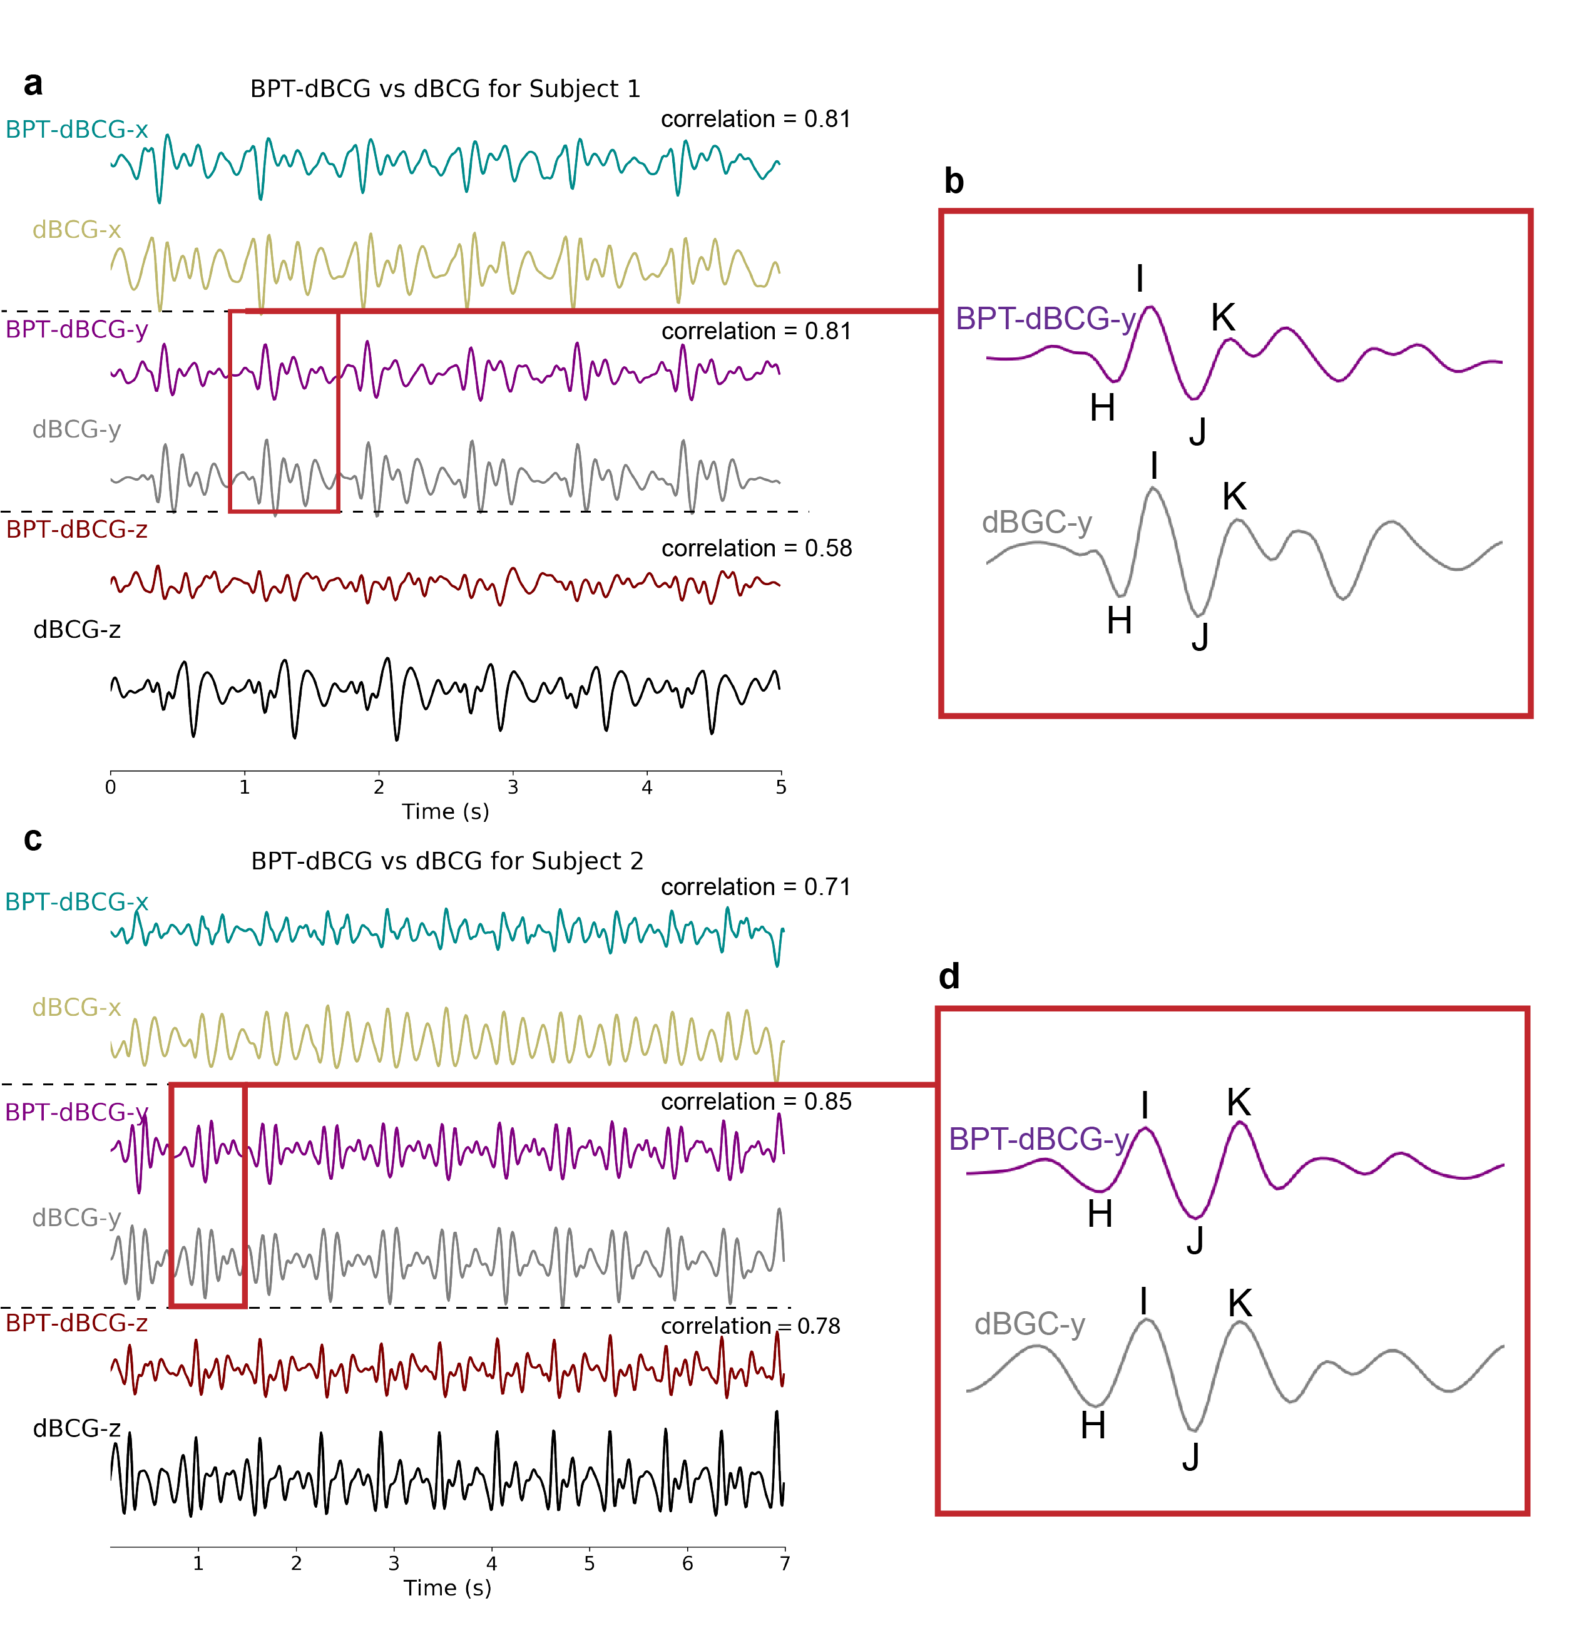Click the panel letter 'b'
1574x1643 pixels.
point(954,181)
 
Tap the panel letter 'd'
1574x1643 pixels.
point(949,976)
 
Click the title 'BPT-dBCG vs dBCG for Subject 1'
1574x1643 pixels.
point(445,89)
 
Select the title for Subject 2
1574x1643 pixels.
point(447,861)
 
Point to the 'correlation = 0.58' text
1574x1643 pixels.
point(756,548)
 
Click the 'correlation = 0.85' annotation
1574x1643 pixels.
point(756,1102)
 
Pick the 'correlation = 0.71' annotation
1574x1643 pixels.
point(755,887)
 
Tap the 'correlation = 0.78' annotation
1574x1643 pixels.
point(750,1326)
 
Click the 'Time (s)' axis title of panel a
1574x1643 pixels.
point(445,811)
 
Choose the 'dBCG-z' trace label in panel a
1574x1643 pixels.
point(77,630)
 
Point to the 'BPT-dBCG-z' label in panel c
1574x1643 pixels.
point(76,1323)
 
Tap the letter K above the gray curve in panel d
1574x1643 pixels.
point(1240,1304)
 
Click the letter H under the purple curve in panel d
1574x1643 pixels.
point(1100,1214)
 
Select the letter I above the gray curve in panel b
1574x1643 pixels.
point(1154,465)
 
